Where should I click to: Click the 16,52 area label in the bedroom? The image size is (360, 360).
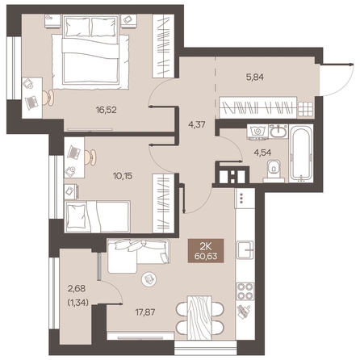[107, 110]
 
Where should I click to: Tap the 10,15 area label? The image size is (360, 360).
[123, 176]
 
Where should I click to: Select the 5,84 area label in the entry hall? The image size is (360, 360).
[255, 77]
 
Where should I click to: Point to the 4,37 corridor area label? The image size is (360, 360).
[197, 124]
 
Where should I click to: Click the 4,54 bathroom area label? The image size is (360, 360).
[262, 153]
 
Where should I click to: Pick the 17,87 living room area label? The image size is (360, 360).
[145, 312]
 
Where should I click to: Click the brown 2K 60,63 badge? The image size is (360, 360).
[206, 251]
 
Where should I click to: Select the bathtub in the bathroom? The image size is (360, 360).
[302, 153]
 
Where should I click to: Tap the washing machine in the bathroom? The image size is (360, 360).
[257, 132]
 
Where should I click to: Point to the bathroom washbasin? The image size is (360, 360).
[278, 132]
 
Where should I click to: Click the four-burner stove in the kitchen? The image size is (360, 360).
[245, 291]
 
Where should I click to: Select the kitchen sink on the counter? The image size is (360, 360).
[245, 250]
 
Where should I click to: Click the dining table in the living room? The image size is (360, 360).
[199, 317]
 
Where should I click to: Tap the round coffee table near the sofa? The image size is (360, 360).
[149, 279]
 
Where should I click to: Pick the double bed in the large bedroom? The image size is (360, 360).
[90, 51]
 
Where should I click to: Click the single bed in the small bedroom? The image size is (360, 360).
[98, 216]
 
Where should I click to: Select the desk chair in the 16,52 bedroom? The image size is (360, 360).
[48, 97]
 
